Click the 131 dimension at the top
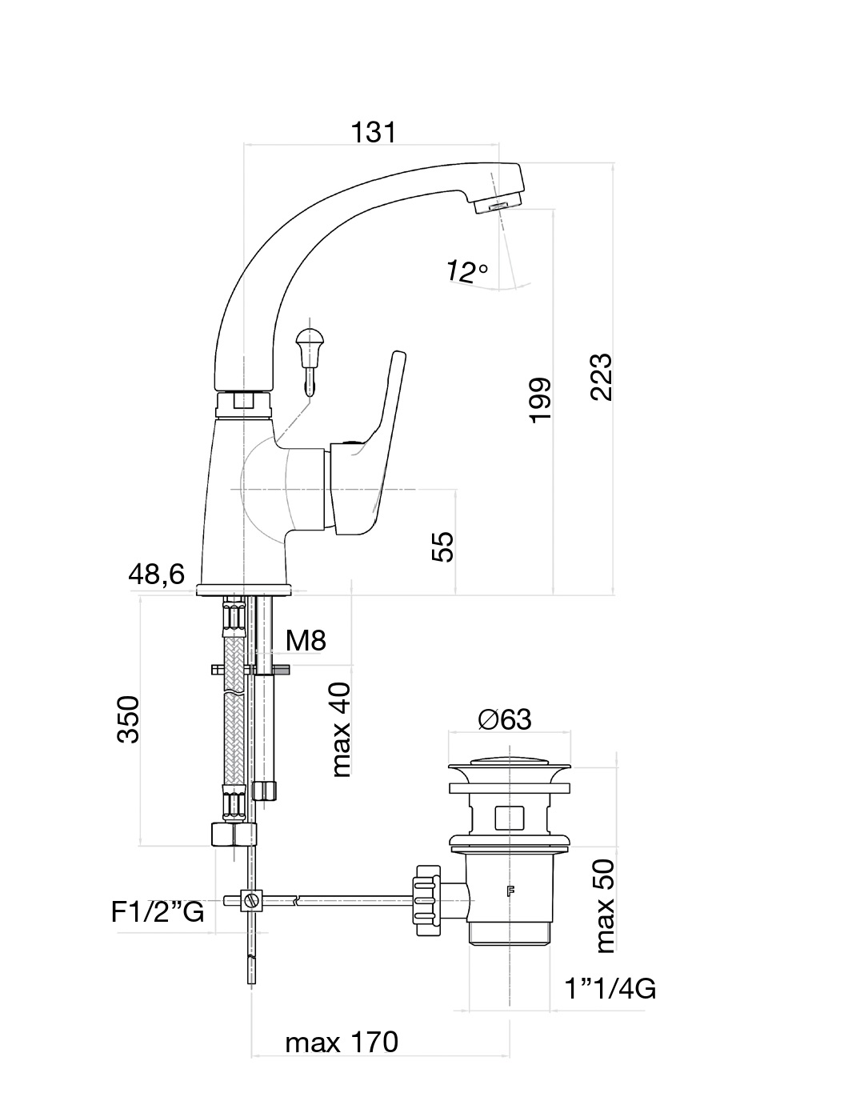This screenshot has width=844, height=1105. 374,132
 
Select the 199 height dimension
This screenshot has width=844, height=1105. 541,399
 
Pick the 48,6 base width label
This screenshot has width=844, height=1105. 157,574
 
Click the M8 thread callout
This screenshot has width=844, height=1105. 306,640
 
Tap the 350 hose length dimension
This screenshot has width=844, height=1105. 129,719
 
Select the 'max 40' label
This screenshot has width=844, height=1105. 341,730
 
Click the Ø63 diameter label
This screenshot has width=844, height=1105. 505,719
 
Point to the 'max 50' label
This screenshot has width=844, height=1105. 606,905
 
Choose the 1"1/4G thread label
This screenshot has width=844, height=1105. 610,989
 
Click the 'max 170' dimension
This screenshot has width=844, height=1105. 342,1043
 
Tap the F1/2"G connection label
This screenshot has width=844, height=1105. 158,912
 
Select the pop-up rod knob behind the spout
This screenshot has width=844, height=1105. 309,340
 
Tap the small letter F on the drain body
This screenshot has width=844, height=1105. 509,891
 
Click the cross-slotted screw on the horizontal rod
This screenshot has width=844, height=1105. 254,900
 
